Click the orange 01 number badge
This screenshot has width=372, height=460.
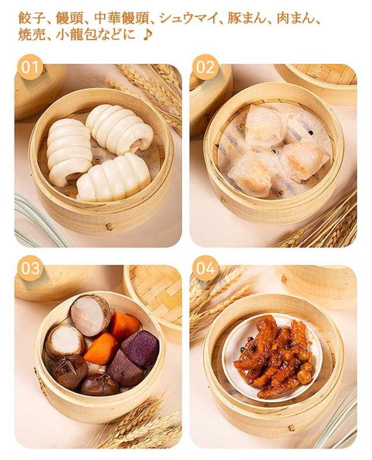[31, 67]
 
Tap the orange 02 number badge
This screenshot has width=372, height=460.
[205, 67]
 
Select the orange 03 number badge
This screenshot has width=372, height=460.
[31, 268]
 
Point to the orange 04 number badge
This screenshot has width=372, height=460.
[205, 268]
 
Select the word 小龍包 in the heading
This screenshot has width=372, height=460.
[76, 35]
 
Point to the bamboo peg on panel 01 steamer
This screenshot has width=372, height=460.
[109, 226]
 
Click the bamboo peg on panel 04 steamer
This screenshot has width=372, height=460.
[292, 428]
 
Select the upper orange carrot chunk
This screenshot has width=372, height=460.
[124, 325]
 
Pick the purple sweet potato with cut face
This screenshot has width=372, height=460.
[140, 348]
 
